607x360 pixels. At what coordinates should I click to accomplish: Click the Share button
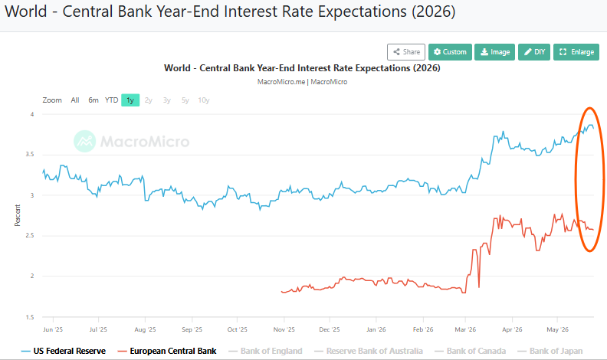406,52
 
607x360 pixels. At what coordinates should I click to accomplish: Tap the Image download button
495,52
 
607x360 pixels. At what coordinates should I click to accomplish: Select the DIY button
534,52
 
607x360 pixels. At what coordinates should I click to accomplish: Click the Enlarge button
576,52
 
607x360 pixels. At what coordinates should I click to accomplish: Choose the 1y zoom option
130,100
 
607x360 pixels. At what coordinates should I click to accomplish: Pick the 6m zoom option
94,100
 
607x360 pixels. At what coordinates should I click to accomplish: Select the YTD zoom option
111,100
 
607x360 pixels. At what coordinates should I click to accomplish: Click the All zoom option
74,100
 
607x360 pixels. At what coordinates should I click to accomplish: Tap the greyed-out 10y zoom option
204,100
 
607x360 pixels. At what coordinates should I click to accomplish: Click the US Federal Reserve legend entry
64,351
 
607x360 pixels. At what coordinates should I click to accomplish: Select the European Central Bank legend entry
167,351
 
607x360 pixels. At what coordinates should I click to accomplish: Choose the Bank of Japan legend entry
550,351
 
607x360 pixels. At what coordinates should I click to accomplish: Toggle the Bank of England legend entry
265,351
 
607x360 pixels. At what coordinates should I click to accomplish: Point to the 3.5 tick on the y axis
29,154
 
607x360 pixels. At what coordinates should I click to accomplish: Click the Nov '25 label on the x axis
284,329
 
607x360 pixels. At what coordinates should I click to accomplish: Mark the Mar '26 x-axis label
465,329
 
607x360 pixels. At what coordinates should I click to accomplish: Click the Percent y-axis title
18,215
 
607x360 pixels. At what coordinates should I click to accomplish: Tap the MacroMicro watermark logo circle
85,141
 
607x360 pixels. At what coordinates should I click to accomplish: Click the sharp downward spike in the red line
479,286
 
